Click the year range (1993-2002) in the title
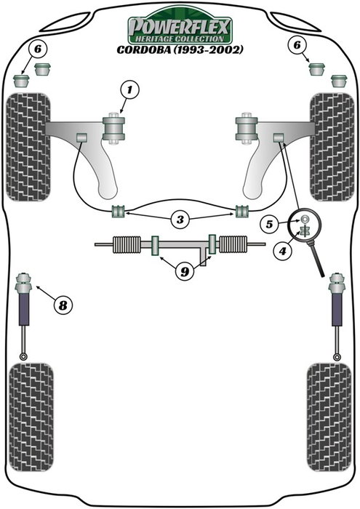click(209, 50)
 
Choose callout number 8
click(63, 305)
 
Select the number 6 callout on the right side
click(295, 45)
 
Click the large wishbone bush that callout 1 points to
click(114, 129)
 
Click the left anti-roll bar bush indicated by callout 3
click(117, 212)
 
